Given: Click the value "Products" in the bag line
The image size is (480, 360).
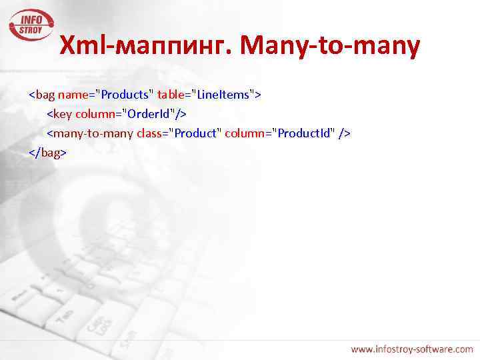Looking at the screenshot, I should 125,95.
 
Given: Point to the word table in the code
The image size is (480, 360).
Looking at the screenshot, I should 172,95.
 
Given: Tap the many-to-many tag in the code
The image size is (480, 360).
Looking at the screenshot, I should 89,133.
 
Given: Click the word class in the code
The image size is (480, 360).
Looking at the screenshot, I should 152,133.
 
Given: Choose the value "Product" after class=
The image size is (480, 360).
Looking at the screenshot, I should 195,133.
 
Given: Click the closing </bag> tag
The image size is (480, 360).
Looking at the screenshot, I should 47,153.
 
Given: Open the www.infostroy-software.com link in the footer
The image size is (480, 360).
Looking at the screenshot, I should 412,349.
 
